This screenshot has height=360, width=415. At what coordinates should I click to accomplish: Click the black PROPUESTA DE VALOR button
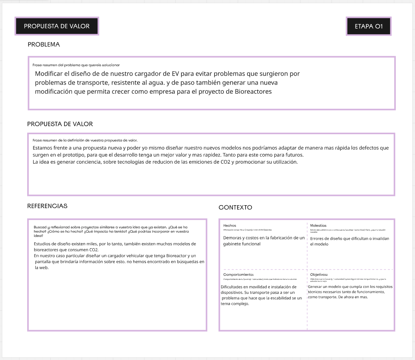57,26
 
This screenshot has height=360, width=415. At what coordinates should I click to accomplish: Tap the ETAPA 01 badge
369,26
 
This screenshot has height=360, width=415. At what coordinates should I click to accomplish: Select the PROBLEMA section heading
44,44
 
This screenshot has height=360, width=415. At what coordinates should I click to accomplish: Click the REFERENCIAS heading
47,206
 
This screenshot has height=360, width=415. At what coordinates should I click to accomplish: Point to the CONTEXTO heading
235,207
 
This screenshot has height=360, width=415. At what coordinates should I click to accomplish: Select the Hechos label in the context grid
230,225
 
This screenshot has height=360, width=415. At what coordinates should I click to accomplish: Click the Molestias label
318,225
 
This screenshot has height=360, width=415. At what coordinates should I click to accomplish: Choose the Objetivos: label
319,275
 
